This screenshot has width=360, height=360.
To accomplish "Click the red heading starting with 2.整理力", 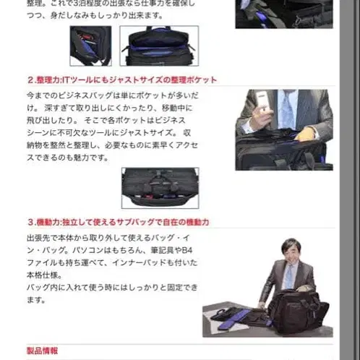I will point(121,80).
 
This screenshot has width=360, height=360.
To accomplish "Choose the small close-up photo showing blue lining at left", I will point(90,46).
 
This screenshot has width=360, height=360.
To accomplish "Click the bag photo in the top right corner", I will point(283,13).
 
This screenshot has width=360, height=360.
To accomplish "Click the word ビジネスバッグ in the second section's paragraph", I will point(94,96).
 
